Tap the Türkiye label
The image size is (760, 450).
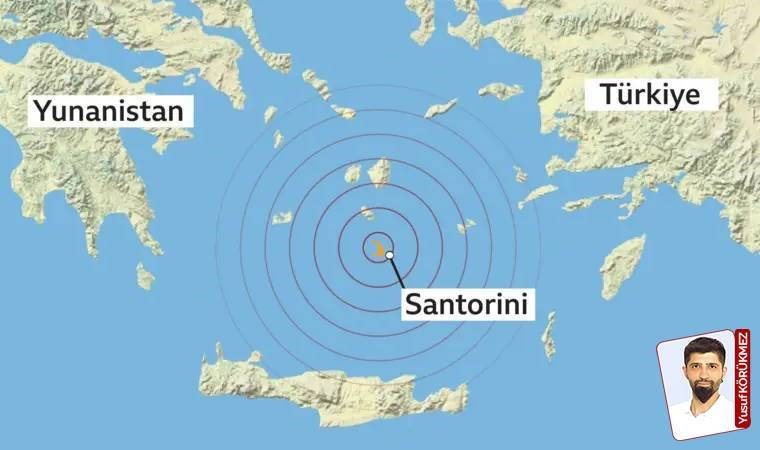pyautogui.click(x=659, y=95)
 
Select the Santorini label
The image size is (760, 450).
pyautogui.click(x=465, y=303)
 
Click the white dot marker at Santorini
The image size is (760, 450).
pyautogui.click(x=388, y=256)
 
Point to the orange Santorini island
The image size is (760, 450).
pyautogui.click(x=378, y=246)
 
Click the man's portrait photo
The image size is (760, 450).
pyautogui.click(x=699, y=385)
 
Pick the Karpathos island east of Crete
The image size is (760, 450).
pyautogui.click(x=549, y=335)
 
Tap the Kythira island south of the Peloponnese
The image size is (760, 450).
pyautogui.click(x=146, y=275)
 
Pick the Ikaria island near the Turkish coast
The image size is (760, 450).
pyautogui.click(x=501, y=91)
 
